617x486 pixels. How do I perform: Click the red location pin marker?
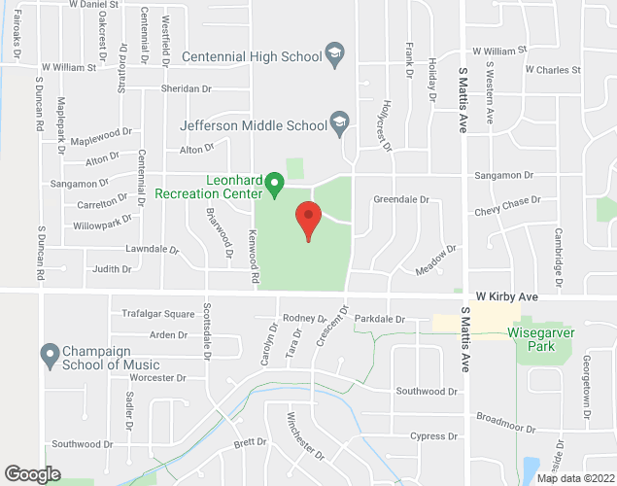point(308,219)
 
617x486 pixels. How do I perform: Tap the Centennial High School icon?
point(335,55)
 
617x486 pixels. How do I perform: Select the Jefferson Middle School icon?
point(338,123)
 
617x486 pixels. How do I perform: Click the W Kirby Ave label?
point(506,295)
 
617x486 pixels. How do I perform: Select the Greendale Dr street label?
point(401,199)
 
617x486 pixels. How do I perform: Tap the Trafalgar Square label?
point(158,314)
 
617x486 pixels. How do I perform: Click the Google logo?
point(32,474)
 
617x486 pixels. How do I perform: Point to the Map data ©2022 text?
point(575,478)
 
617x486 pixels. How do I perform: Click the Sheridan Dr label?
point(188,88)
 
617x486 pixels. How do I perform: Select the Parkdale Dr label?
point(379,319)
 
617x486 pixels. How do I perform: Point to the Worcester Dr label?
point(156,377)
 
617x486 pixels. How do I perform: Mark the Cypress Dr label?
point(433,436)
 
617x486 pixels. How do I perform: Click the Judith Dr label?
point(111,269)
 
